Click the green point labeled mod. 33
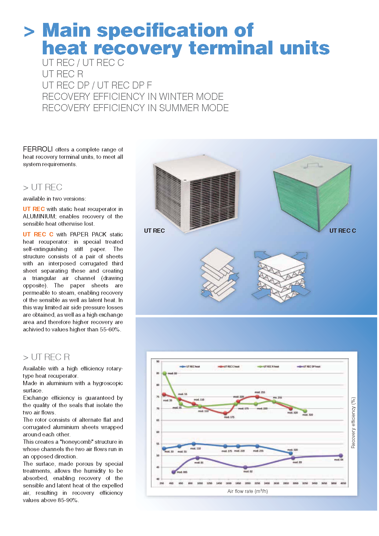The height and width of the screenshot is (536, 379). click(x=165, y=373)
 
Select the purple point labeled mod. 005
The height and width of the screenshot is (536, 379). click(x=173, y=472)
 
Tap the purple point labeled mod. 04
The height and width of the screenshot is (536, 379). click(x=341, y=456)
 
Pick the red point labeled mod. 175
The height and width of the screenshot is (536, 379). click(x=225, y=413)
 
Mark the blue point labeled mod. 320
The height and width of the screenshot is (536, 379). click(x=291, y=453)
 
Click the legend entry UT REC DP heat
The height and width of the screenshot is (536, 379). click(x=309, y=366)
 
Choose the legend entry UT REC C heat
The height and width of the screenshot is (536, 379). click(x=229, y=366)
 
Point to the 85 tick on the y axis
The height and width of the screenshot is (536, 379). click(x=158, y=373)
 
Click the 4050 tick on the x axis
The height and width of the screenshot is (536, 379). click(x=343, y=483)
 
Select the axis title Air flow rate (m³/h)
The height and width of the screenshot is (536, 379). click(x=247, y=491)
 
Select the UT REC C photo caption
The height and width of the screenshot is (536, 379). click(x=342, y=231)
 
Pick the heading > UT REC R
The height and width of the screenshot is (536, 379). click(x=46, y=357)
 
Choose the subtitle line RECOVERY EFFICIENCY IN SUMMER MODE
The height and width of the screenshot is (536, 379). click(x=135, y=108)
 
